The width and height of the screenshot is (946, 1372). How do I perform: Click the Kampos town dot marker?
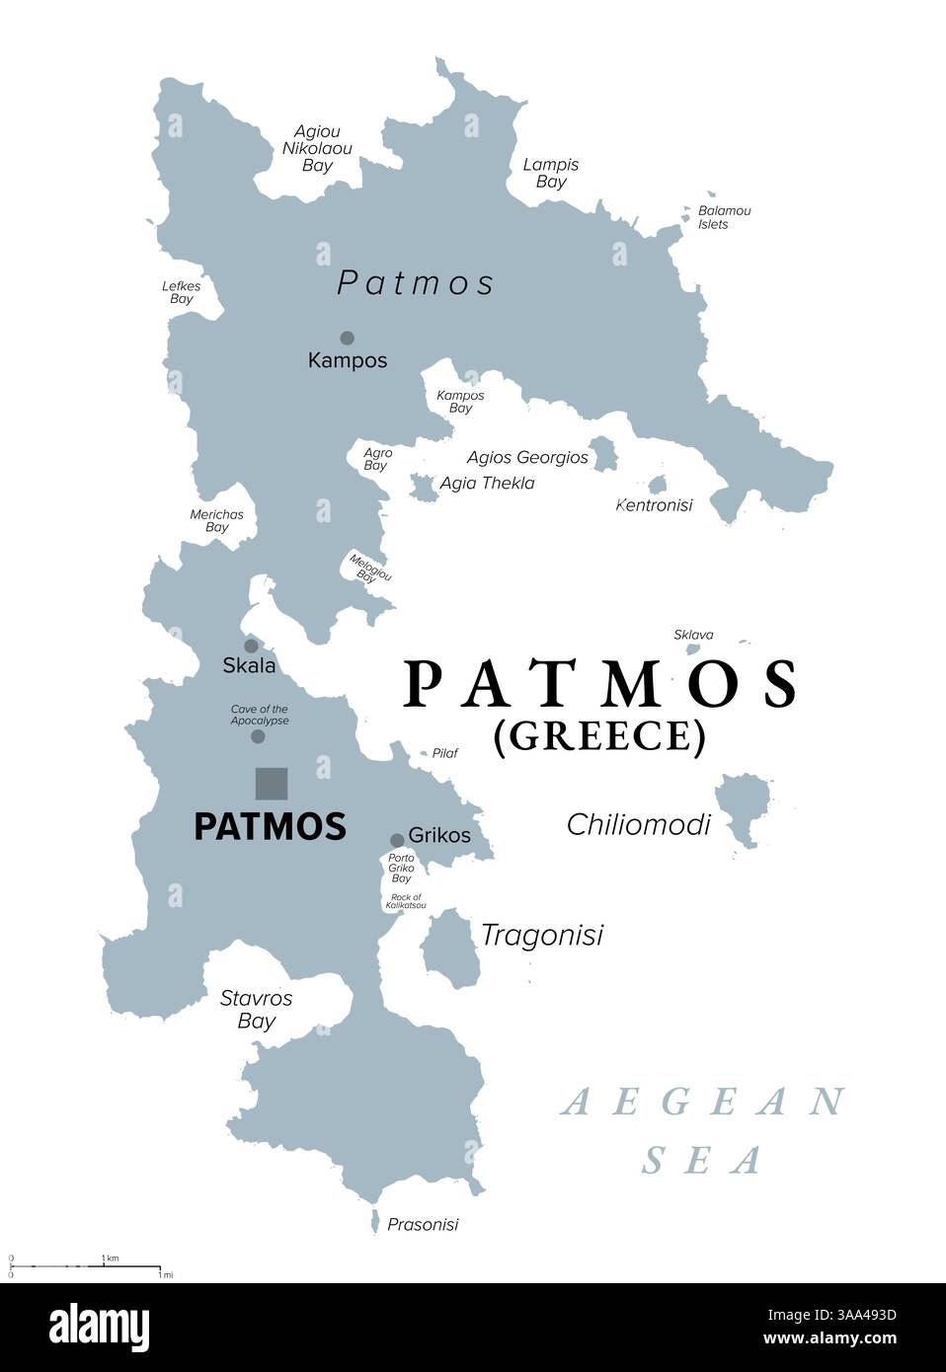point(347,338)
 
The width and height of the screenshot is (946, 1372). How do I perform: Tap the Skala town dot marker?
point(251,646)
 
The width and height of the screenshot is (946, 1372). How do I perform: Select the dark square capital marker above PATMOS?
point(272,784)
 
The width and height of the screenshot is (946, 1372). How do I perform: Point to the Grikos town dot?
point(397,840)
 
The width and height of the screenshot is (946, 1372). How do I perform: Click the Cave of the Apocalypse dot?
point(258,736)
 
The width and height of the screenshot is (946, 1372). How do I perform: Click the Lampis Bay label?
point(551,173)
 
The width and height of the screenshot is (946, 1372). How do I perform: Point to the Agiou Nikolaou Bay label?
point(317,148)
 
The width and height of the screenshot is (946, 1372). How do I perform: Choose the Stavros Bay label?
point(256,1009)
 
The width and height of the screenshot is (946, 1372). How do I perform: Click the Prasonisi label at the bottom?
point(423,1225)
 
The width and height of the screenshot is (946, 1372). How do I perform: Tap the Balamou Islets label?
point(724,217)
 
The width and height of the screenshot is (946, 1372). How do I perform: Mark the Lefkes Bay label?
point(182,292)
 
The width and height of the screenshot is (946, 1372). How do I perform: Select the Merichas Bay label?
point(216,520)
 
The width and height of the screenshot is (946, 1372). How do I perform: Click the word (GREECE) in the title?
point(599,736)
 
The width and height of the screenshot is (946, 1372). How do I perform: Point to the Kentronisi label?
point(654,505)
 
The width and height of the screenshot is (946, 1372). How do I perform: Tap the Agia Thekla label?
point(487,483)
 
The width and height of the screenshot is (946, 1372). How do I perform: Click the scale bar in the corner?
point(85,1264)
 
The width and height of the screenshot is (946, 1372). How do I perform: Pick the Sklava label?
point(693,635)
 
